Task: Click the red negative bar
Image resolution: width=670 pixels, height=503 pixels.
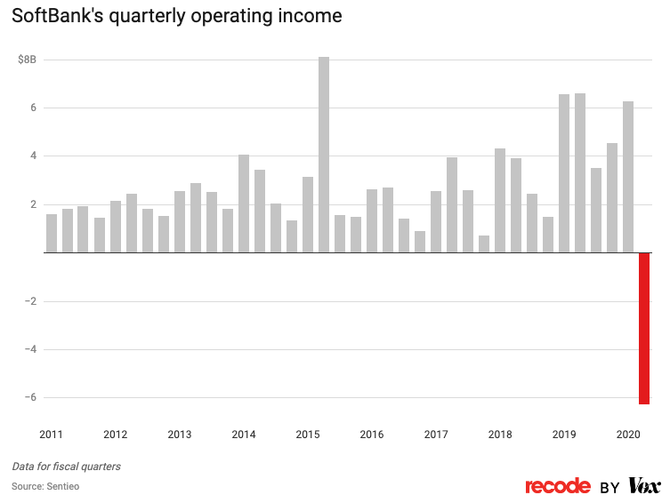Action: pos(643,328)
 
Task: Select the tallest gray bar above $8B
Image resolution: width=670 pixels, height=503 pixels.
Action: pos(324,155)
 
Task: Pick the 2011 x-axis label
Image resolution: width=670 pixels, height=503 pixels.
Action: pos(52,435)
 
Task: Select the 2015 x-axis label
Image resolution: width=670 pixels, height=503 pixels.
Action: pos(308,435)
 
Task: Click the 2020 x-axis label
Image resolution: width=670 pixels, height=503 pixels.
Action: pos(628,435)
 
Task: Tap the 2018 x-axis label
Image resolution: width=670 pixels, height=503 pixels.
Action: pos(500,435)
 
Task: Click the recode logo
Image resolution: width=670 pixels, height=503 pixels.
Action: pos(558,486)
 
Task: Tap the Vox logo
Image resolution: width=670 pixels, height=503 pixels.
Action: pos(644,486)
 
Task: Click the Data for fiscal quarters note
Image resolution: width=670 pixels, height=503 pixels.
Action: pos(67,467)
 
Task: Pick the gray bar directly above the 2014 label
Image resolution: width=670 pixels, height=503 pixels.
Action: pos(244,204)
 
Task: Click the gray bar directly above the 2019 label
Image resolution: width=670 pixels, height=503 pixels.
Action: pos(564,173)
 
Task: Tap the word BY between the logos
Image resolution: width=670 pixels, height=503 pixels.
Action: pos(609,487)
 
